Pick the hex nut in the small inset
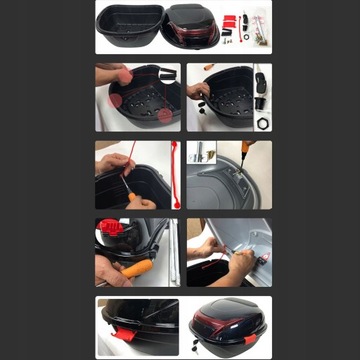click(263, 121)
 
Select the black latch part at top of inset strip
click(263, 77)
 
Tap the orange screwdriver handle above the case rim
click(210, 68)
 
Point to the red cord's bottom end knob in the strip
click(176, 204)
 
